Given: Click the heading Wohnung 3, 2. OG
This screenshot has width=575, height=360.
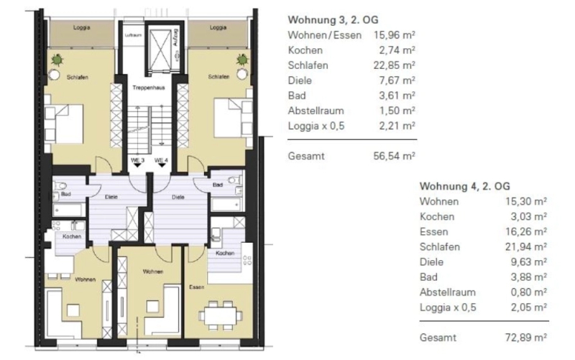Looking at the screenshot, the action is coord(333,20).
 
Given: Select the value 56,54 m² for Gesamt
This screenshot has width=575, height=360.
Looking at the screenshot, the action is coord(394,156).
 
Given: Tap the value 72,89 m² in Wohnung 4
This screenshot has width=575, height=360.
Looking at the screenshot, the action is coord(526,337).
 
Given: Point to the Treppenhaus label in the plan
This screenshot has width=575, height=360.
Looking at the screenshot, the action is coord(149,88).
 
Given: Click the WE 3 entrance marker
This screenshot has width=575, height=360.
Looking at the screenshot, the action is coord(137,162).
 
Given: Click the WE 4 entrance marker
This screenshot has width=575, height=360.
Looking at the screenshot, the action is coord(161,162).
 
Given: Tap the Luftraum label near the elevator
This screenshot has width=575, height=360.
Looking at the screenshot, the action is coord(133,35).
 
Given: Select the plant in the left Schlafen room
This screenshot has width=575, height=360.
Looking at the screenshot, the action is coord(57,59).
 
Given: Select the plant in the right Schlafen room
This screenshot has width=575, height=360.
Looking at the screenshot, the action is coord(242,59).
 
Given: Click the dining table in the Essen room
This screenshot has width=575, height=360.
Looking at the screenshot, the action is coord(221,315).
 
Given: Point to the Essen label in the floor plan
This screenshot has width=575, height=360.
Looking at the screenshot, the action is coord(196,287).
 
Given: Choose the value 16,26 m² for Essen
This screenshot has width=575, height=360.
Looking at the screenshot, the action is coord(526,231).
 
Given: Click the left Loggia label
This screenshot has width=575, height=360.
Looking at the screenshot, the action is coord(81,27).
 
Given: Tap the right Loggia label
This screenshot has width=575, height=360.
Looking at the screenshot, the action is coord(218,27).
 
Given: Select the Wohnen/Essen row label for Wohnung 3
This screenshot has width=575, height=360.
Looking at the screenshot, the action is coord(325,35).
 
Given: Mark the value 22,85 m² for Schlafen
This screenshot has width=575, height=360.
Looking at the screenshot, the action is coord(394,65).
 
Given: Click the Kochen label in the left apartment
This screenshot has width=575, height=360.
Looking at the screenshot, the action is coord(71,236).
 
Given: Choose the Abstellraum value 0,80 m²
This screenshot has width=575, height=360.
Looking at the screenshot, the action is coord(529,292).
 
